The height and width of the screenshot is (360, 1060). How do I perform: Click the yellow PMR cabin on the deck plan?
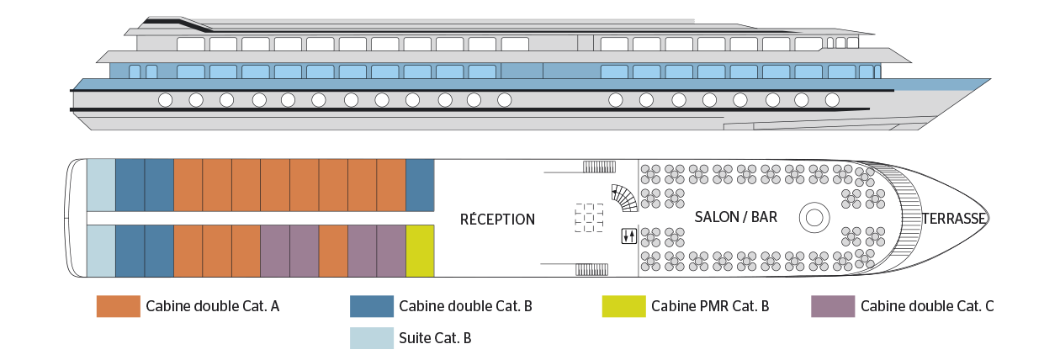[x=421, y=251]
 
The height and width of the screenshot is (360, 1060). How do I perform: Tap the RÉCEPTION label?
[x=497, y=220]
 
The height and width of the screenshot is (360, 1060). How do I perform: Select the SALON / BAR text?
[x=736, y=217]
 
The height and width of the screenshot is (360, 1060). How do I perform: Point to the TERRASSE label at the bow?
[x=953, y=219]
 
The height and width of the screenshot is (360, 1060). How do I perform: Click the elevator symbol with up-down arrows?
[x=629, y=236]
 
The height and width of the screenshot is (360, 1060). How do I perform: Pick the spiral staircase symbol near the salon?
[x=624, y=198]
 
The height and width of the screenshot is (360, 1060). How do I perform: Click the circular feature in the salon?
[x=814, y=218]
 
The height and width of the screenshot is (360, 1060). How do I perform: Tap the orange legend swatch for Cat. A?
[x=119, y=306]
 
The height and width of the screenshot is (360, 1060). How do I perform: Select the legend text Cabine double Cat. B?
[x=466, y=306]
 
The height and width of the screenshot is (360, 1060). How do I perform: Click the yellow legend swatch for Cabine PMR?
[x=623, y=306]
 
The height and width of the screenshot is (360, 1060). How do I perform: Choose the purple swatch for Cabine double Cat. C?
[x=833, y=306]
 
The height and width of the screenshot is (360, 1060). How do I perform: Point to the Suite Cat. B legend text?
[x=435, y=338]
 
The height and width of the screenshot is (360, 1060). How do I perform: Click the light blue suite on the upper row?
[x=101, y=185]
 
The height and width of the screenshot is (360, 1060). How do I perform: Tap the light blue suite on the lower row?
[x=101, y=251]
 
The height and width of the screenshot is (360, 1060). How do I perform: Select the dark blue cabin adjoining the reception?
[x=421, y=185]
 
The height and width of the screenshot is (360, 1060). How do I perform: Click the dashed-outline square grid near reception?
[x=589, y=218]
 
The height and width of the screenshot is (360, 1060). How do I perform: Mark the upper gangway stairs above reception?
[x=599, y=167]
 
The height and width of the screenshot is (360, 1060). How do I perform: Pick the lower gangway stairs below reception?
[x=591, y=270]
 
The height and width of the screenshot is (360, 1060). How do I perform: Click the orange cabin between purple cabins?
[x=333, y=251]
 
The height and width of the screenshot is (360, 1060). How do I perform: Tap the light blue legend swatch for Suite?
[x=372, y=338]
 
